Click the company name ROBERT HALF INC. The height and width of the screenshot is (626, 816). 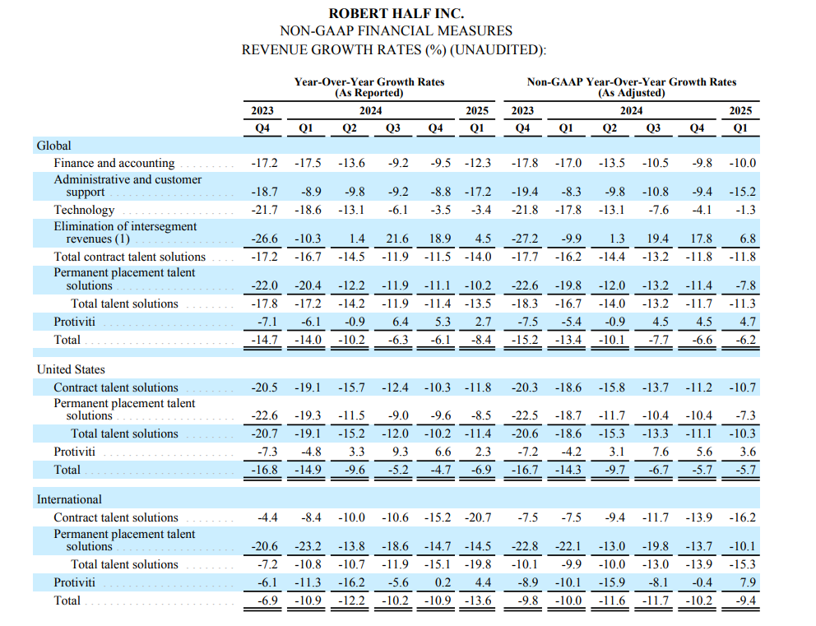point(396,13)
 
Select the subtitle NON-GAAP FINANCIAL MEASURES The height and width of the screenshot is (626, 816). point(396,31)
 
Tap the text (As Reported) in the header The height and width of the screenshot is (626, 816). point(369,93)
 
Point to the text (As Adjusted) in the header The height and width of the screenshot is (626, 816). point(631,93)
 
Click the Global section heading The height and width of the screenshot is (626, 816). point(53,146)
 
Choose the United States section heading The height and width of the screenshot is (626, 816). point(71,369)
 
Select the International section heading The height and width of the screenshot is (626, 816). point(69,499)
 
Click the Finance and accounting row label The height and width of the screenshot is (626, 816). point(114,163)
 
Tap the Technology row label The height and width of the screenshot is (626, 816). point(84,210)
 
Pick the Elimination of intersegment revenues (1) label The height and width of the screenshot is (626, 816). point(125,232)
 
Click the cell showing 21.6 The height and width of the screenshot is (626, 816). point(396,239)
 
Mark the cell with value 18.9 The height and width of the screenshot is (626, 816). point(441,239)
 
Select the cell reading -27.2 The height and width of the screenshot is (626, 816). point(524,239)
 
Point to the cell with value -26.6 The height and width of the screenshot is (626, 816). point(264,239)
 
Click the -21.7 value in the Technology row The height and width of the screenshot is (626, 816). point(264,210)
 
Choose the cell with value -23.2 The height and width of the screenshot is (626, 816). point(308,546)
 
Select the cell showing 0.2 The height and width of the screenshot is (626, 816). point(443,582)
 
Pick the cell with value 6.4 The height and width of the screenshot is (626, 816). point(400,321)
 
